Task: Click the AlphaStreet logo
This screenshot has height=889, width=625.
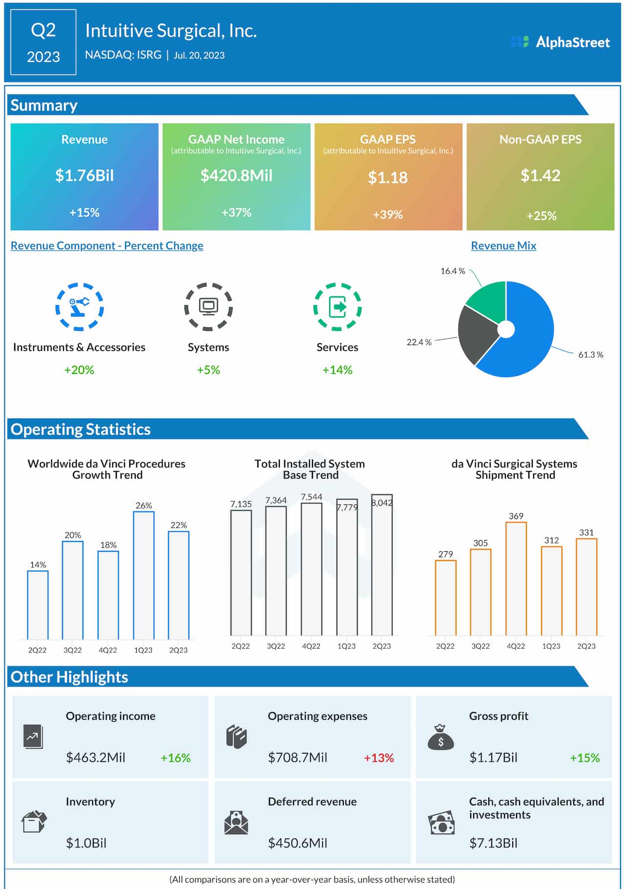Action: (x=560, y=42)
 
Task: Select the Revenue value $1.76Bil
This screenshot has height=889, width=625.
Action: (x=84, y=175)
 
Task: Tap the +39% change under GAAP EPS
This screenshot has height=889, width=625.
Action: (x=388, y=215)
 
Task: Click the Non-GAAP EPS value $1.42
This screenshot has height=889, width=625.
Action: (x=540, y=175)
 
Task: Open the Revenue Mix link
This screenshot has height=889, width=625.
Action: (x=503, y=246)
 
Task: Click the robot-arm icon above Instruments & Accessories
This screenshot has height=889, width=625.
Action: (x=79, y=307)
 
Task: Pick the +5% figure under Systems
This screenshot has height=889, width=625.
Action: (x=208, y=370)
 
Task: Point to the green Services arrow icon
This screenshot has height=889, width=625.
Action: (x=337, y=307)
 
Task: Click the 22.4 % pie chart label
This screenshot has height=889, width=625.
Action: (x=419, y=342)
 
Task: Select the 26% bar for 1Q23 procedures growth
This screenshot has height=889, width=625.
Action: (x=144, y=575)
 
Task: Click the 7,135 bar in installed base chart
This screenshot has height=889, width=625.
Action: (x=241, y=572)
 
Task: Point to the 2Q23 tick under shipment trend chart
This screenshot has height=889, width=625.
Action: (x=586, y=646)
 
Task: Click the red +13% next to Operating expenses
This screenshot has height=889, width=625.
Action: (x=379, y=758)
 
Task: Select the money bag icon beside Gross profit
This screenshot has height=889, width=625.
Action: (x=440, y=737)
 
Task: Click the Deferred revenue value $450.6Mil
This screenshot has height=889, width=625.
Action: (x=297, y=843)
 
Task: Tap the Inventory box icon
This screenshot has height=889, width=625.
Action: (x=34, y=822)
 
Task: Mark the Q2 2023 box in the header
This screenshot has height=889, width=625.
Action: (x=43, y=43)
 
